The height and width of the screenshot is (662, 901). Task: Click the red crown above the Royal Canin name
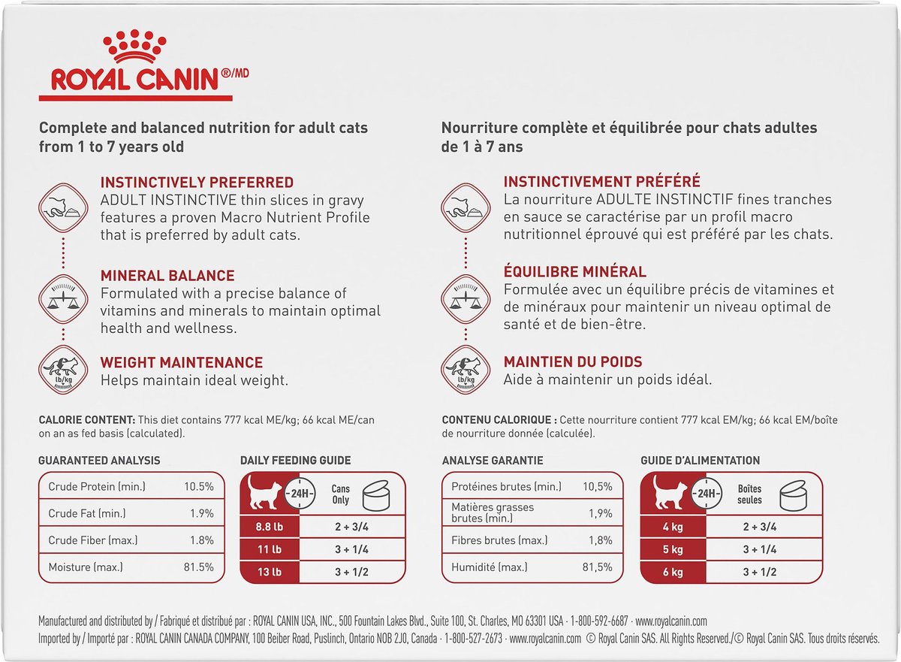coord(136,47)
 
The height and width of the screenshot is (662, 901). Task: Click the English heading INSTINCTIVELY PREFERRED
coord(197,183)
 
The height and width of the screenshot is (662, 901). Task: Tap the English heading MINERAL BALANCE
coord(167,276)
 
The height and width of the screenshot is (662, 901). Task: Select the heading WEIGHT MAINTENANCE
coord(182,363)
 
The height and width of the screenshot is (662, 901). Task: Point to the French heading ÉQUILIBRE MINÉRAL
coord(574,272)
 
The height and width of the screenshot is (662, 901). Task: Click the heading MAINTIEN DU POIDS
coord(573,362)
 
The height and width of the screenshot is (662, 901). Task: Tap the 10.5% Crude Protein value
coord(199,487)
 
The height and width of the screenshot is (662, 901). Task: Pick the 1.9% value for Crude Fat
coord(201,514)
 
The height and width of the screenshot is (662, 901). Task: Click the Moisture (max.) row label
coord(86,567)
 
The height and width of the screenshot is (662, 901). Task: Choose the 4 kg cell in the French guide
coord(673,527)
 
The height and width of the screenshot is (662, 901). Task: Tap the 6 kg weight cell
coord(673,572)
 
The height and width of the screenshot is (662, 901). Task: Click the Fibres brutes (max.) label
coord(494,540)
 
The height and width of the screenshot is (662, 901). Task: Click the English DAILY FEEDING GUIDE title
coord(295,461)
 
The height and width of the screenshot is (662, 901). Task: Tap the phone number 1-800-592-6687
coord(599,622)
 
